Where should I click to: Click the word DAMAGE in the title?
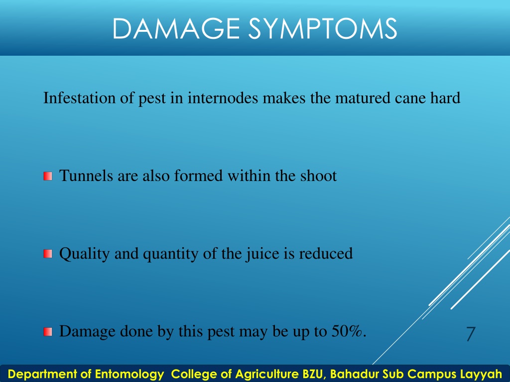pyautogui.click(x=176, y=28)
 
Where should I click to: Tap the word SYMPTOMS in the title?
pyautogui.click(x=323, y=28)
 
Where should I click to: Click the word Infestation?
pyautogui.click(x=79, y=98)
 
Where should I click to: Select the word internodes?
pyautogui.click(x=223, y=98)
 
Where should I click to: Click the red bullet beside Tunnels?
pyautogui.click(x=48, y=176)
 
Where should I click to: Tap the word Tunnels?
pyautogui.click(x=86, y=176)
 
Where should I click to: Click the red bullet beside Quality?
pyautogui.click(x=48, y=254)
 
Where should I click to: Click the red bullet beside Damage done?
pyautogui.click(x=48, y=332)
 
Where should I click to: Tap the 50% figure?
pyautogui.click(x=347, y=331)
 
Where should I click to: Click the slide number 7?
pyautogui.click(x=471, y=334)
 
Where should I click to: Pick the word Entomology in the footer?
pyautogui.click(x=129, y=374)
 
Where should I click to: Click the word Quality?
pyautogui.click(x=84, y=254)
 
